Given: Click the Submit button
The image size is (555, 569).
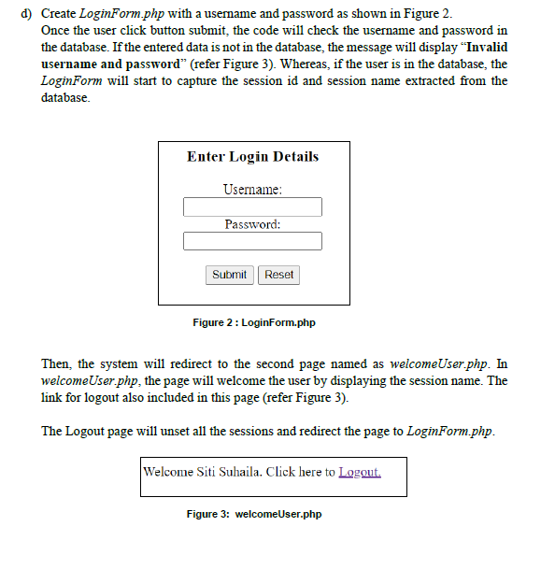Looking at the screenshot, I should [x=229, y=275].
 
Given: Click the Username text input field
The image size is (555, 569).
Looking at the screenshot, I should [x=252, y=207].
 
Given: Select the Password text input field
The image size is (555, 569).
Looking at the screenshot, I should [x=252, y=242].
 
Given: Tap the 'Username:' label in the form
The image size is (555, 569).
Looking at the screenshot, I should [x=252, y=190].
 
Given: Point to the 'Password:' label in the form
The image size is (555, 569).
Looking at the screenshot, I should [x=252, y=224].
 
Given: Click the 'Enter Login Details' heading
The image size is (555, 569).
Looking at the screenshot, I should [x=252, y=157].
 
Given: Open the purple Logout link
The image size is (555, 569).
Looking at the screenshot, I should [x=360, y=472].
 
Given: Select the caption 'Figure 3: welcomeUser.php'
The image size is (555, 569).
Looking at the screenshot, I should [x=253, y=514].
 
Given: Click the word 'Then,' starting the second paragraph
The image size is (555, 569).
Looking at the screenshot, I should [x=57, y=363].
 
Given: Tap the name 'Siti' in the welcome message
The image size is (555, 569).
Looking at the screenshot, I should [x=206, y=472].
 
